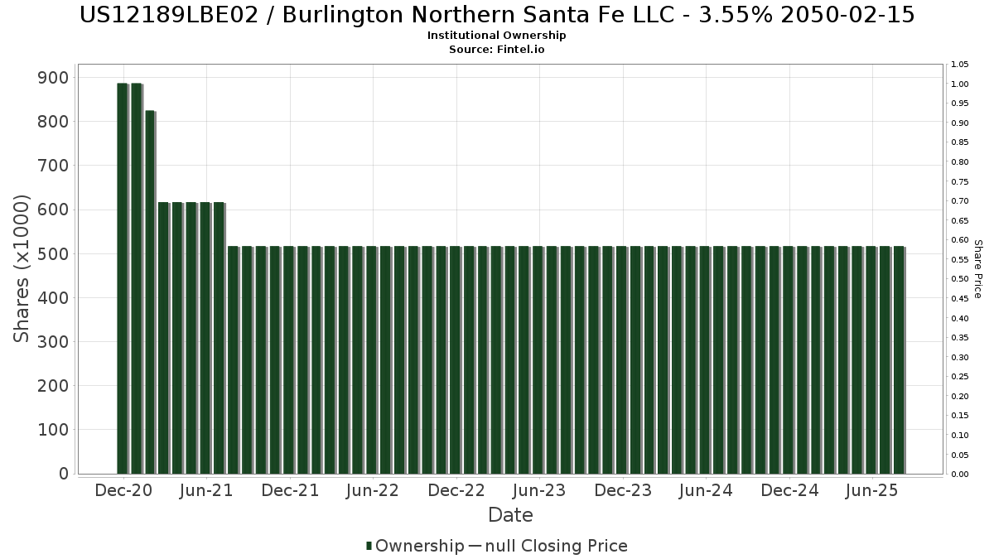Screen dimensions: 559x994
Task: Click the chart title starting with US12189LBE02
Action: (497, 15)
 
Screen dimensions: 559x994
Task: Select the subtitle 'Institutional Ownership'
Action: (497, 36)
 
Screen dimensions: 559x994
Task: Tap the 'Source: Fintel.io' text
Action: (497, 50)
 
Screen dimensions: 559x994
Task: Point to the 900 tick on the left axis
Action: (54, 77)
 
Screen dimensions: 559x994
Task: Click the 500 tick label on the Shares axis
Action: (54, 253)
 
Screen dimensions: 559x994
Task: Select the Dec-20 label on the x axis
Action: (123, 491)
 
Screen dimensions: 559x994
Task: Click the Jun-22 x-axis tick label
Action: (373, 491)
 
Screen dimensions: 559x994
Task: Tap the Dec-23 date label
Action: (623, 491)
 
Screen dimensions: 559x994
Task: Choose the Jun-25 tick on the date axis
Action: (871, 491)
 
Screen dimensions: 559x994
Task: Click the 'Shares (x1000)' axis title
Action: (22, 267)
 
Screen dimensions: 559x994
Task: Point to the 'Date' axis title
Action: (510, 515)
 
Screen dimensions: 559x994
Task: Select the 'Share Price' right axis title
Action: (977, 269)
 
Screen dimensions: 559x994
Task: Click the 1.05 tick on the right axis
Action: (959, 65)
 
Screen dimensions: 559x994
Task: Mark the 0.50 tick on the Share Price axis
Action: (959, 279)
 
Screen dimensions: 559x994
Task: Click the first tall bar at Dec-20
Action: (122, 278)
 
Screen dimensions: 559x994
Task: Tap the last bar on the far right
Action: (898, 360)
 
